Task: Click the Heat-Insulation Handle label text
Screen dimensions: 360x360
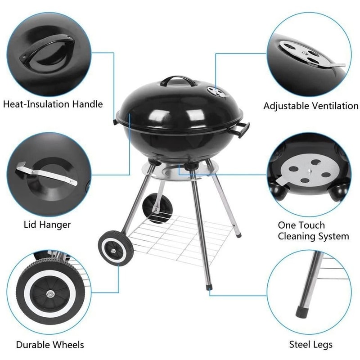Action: (53, 104)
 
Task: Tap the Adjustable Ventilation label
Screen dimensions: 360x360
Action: (310, 106)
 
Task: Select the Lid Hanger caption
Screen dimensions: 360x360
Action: (47, 224)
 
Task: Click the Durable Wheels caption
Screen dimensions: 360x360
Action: (50, 345)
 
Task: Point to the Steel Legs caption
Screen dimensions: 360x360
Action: (311, 345)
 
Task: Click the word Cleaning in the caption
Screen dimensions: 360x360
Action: (297, 236)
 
